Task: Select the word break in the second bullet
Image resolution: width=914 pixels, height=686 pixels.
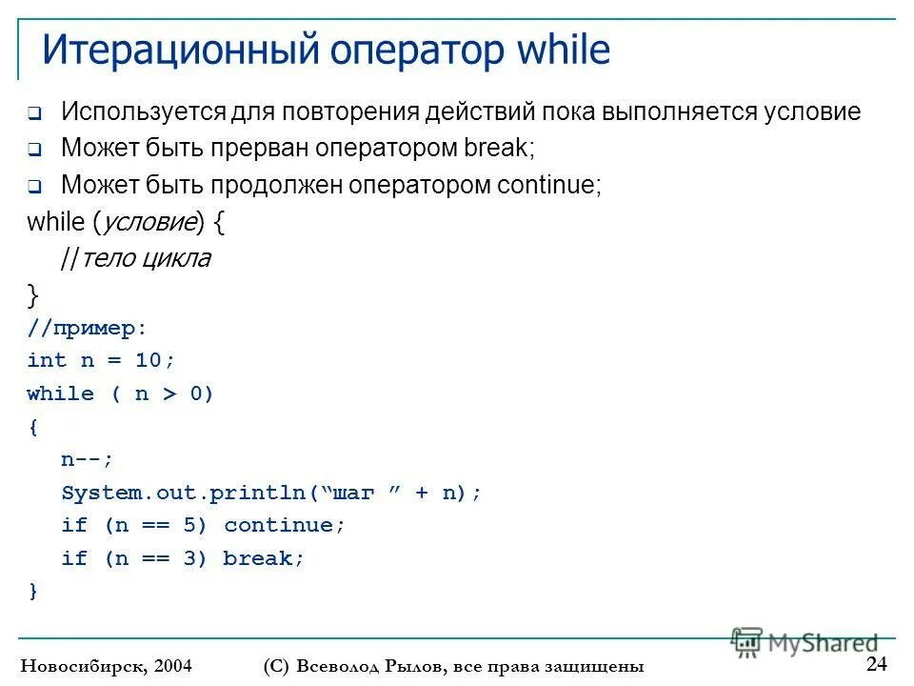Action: [496, 149]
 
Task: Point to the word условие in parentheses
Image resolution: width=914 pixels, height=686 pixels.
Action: [147, 222]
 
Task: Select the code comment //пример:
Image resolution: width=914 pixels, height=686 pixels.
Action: [88, 328]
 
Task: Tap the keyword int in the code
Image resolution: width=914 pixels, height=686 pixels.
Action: [47, 360]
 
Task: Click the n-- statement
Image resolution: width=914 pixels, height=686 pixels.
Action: [87, 459]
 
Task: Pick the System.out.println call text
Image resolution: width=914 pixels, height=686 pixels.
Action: [185, 493]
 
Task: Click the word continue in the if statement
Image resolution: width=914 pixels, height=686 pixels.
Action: [284, 525]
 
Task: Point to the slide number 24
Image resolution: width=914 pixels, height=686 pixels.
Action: [876, 663]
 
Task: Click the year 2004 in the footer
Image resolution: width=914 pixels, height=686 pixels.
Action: [172, 666]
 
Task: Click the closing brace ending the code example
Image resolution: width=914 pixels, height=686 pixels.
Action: [33, 592]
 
